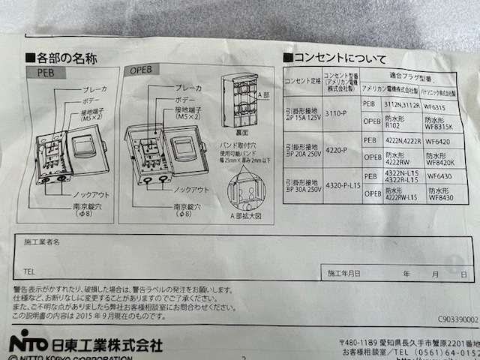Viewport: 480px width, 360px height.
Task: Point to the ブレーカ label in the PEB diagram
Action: [x=94, y=89]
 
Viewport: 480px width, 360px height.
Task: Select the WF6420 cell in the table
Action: [x=438, y=140]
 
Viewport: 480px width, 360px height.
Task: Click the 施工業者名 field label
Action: [x=41, y=244]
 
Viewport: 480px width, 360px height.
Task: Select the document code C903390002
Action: [x=452, y=319]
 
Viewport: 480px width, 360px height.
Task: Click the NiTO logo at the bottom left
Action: [x=28, y=342]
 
